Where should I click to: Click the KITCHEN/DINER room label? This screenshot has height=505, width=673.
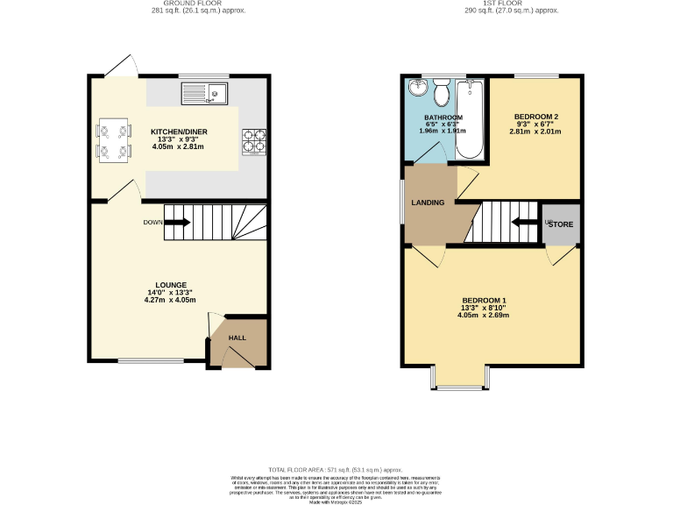click(x=178, y=131)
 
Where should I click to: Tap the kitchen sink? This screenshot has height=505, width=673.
click(x=205, y=89)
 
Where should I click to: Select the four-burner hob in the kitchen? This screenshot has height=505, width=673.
click(x=253, y=141)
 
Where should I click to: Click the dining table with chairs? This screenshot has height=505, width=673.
click(x=113, y=141)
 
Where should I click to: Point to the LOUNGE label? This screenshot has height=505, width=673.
click(x=172, y=285)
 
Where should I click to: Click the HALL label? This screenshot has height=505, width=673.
click(x=237, y=338)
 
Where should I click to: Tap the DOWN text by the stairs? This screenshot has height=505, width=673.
click(x=152, y=223)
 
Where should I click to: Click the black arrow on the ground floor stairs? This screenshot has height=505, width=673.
click(x=177, y=223)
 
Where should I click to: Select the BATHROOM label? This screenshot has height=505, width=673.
click(x=443, y=117)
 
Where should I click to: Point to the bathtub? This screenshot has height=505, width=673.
click(x=471, y=118)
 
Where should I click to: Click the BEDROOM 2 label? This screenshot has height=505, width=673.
click(x=536, y=117)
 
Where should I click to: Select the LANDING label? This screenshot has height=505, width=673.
click(x=429, y=203)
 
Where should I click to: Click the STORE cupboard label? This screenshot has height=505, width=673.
click(x=562, y=224)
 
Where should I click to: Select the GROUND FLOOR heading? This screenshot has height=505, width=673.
click(x=195, y=4)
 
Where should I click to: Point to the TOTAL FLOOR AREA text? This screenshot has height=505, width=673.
click(x=336, y=471)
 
